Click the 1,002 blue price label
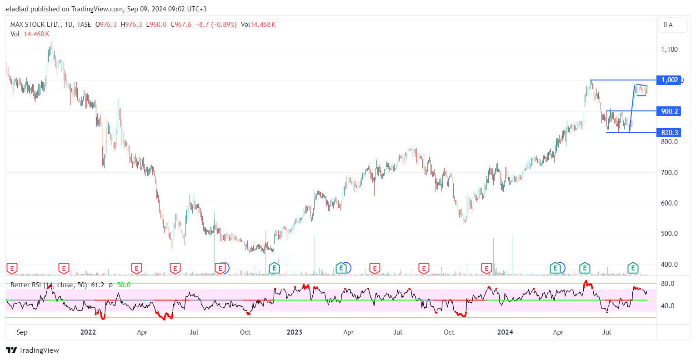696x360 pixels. pyautogui.click(x=669, y=80)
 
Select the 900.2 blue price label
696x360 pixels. pyautogui.click(x=669, y=111)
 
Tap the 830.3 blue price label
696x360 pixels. pyautogui.click(x=669, y=133)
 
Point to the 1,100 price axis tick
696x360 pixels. pyautogui.click(x=669, y=50)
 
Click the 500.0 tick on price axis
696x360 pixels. pyautogui.click(x=669, y=234)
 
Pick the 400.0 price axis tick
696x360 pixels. pyautogui.click(x=669, y=265)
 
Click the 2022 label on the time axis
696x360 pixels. pyautogui.click(x=88, y=332)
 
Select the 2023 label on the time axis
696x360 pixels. pyautogui.click(x=295, y=332)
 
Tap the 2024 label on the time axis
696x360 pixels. pyautogui.click(x=505, y=332)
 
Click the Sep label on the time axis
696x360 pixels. pyautogui.click(x=22, y=332)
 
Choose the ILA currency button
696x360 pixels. pyautogui.click(x=668, y=25)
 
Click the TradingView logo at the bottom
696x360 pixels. pyautogui.click(x=33, y=350)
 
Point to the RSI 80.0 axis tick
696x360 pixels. pyautogui.click(x=667, y=284)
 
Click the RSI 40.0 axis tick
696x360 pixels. pyautogui.click(x=667, y=306)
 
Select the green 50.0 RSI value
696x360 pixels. pyautogui.click(x=124, y=285)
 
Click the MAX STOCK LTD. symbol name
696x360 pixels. pyautogui.click(x=35, y=25)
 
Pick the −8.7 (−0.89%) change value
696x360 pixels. pyautogui.click(x=216, y=25)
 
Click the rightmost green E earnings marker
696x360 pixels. pyautogui.click(x=633, y=268)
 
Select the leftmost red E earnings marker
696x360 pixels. pyautogui.click(x=12, y=268)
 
